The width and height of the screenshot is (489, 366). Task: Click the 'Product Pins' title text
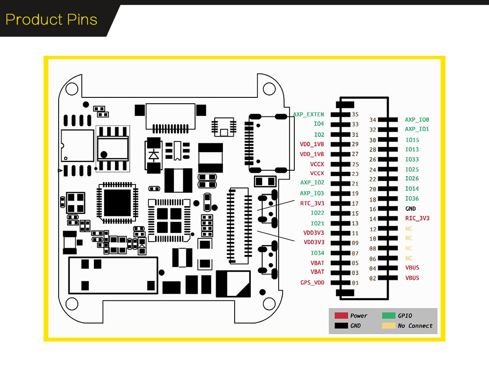click(51, 20)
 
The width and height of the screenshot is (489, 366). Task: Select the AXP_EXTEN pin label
click(308, 114)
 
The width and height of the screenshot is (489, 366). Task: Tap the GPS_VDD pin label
click(312, 283)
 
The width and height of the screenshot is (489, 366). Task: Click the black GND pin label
click(410, 209)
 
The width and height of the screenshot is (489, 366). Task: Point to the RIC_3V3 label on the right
click(417, 219)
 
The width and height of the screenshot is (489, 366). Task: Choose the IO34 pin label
click(317, 253)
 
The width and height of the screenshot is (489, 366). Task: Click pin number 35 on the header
click(355, 114)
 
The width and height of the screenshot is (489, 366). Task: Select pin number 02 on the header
click(373, 278)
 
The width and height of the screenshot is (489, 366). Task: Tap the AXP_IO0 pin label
click(417, 120)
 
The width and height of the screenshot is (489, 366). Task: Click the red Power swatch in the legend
click(341, 316)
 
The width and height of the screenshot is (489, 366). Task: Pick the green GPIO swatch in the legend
click(388, 316)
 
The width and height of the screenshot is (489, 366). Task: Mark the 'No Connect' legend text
click(415, 326)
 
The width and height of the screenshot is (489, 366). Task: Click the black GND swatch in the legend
click(341, 326)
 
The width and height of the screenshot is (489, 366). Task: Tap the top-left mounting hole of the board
click(72, 89)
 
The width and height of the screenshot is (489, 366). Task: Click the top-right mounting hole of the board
click(269, 89)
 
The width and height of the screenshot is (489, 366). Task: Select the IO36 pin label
click(412, 199)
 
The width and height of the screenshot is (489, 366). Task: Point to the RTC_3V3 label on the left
click(312, 203)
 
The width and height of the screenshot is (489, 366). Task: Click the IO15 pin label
click(412, 140)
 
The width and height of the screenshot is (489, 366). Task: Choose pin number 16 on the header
click(373, 209)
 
